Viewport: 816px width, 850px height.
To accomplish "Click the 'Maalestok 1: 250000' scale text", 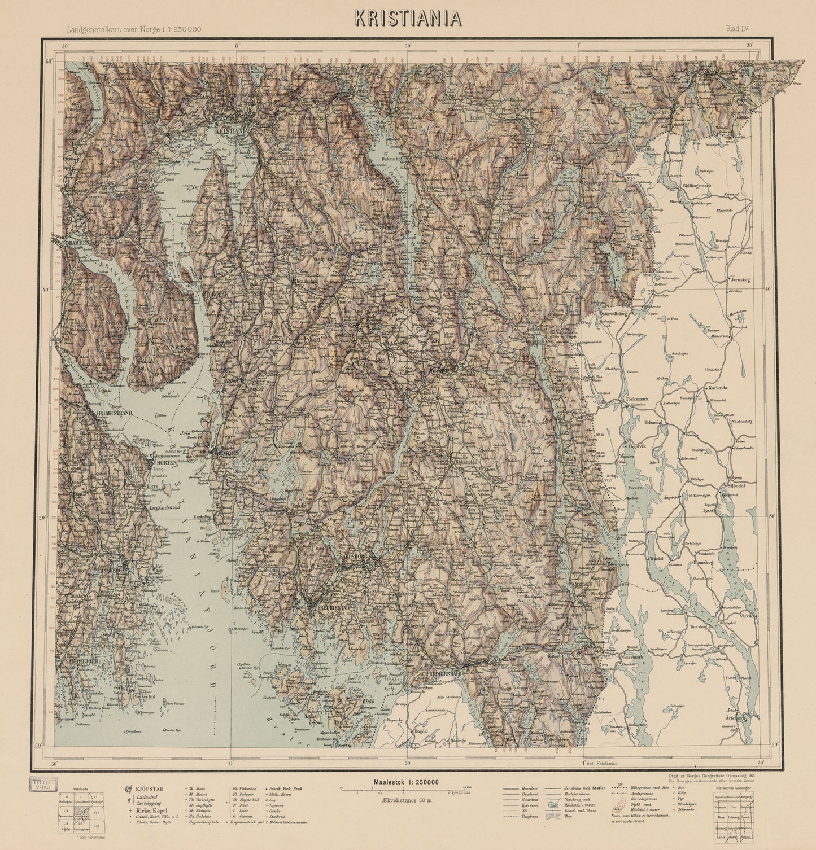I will pyautogui.click(x=406, y=782).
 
